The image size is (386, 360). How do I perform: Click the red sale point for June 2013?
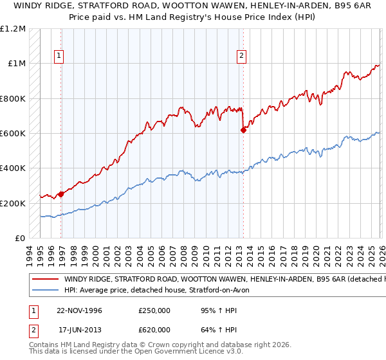coord(243,130)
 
